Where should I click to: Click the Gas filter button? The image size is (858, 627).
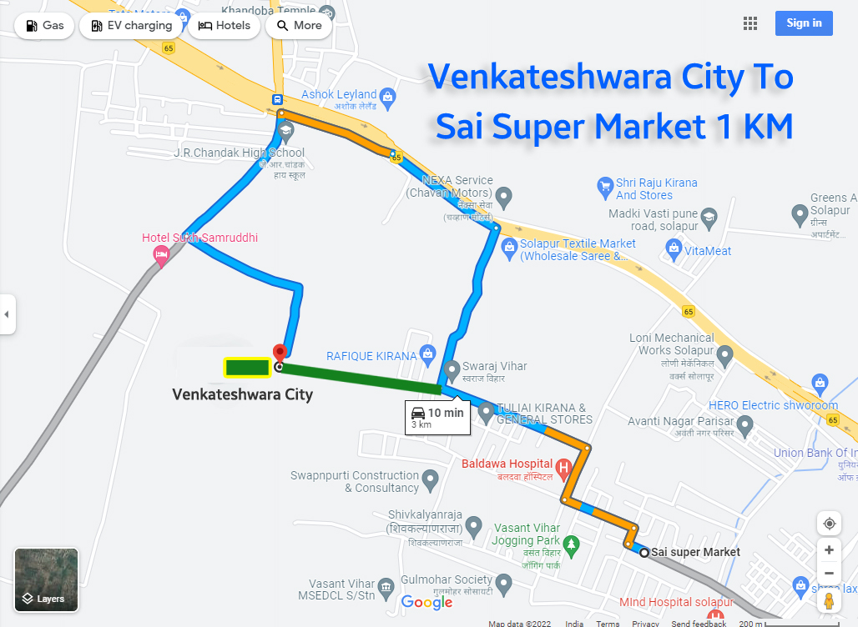click(x=45, y=26)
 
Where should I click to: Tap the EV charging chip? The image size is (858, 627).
click(x=130, y=26)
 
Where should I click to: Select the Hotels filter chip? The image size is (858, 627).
click(x=225, y=26)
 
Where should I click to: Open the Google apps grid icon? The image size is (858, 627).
click(x=749, y=23)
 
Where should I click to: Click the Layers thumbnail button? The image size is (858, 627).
click(x=46, y=579)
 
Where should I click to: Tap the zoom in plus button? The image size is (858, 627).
click(x=829, y=550)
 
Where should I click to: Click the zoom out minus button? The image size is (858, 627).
click(x=829, y=574)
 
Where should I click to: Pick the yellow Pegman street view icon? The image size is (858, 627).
click(x=829, y=601)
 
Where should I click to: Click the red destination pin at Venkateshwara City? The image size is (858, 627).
click(x=280, y=354)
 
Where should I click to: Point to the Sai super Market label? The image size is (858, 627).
click(x=695, y=552)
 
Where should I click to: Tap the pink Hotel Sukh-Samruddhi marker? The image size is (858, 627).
click(x=162, y=254)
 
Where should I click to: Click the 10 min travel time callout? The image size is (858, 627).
click(x=436, y=417)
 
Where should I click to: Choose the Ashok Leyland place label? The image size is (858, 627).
click(x=339, y=95)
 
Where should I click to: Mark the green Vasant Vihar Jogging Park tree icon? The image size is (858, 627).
click(x=572, y=546)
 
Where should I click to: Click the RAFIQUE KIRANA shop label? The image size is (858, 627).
click(x=371, y=356)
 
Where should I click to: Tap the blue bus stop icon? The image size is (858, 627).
click(x=277, y=100)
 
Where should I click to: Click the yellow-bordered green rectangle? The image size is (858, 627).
click(x=246, y=366)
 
